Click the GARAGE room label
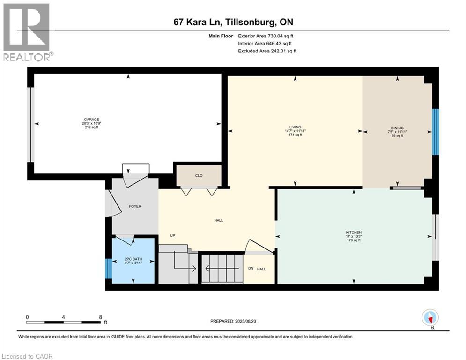coord(91,120)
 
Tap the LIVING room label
coord(295,127)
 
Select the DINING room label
coord(397,128)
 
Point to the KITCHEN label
coord(353,232)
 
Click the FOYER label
coord(135,206)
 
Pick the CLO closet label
coord(199,175)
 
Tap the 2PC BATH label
coord(133,259)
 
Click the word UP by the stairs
coord(172,235)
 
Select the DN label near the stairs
coord(251,268)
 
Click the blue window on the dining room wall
coord(435,132)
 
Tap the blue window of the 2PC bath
coord(109,269)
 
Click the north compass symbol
coord(430,318)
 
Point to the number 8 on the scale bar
coord(100,317)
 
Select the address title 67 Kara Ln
coord(198,22)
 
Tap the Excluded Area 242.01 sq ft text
coord(267,51)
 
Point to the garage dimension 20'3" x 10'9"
coord(91,123)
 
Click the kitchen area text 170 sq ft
coord(353,240)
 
